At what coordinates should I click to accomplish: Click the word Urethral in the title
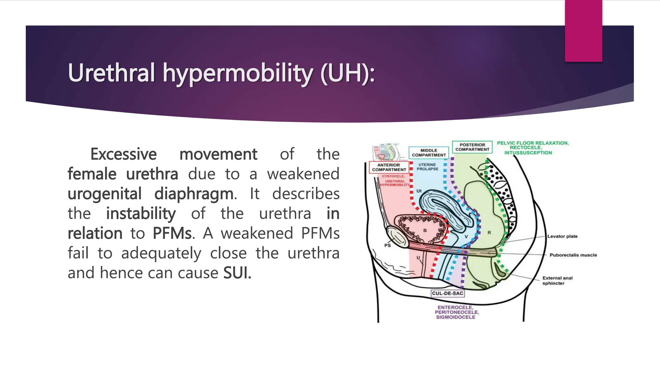pyautogui.click(x=112, y=73)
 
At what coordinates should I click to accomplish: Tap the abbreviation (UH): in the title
pyautogui.click(x=348, y=73)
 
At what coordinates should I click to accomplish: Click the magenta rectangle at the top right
pyautogui.click(x=583, y=31)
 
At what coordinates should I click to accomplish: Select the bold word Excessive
pyautogui.click(x=123, y=154)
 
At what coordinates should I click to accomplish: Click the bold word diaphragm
pyautogui.click(x=194, y=194)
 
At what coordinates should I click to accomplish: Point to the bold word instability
pyautogui.click(x=141, y=214)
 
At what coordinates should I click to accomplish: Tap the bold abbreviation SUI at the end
pyautogui.click(x=237, y=273)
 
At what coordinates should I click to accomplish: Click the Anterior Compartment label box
pyautogui.click(x=389, y=167)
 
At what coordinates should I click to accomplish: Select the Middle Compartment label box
pyautogui.click(x=429, y=153)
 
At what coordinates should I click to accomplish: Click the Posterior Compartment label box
pyautogui.click(x=472, y=147)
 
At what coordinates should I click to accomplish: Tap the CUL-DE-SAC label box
pyautogui.click(x=448, y=293)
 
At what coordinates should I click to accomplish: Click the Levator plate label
pyautogui.click(x=562, y=236)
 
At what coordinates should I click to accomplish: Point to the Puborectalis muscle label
pyautogui.click(x=573, y=255)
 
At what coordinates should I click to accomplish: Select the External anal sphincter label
pyautogui.click(x=557, y=281)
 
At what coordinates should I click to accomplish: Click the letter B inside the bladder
pyautogui.click(x=425, y=231)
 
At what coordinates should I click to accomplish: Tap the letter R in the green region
pyautogui.click(x=489, y=233)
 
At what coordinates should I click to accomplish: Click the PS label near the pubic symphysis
pyautogui.click(x=387, y=245)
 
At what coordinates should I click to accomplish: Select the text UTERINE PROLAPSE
pyautogui.click(x=427, y=167)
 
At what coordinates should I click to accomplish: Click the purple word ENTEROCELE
pyautogui.click(x=455, y=307)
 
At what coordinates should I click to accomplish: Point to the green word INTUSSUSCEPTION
pyautogui.click(x=528, y=153)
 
